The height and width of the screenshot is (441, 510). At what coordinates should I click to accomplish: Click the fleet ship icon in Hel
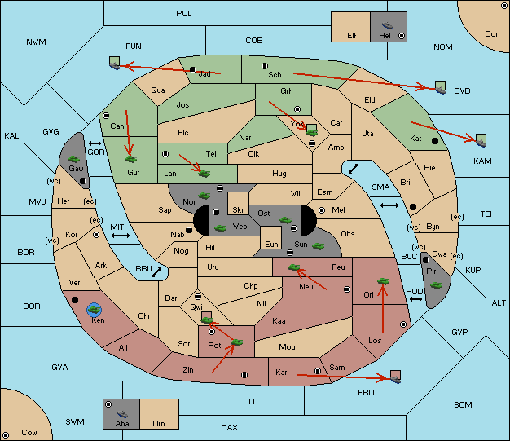(387, 25)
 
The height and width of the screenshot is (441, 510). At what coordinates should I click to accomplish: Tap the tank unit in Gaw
(74, 159)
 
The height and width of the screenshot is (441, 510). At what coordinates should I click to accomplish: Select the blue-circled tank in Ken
(95, 310)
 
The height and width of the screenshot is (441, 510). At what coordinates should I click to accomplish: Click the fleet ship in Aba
(122, 414)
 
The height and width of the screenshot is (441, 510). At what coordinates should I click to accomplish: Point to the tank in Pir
(436, 285)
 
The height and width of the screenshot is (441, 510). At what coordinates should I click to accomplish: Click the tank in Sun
(318, 246)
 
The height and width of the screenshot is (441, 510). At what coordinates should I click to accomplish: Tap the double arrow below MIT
(121, 236)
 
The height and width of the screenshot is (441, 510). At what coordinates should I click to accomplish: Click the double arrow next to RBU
(156, 272)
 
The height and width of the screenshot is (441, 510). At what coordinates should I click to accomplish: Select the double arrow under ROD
(415, 299)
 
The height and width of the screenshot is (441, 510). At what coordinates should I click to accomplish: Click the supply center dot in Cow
(6, 434)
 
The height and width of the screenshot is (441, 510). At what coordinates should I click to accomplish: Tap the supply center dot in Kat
(435, 141)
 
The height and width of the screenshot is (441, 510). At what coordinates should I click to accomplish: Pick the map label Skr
(238, 210)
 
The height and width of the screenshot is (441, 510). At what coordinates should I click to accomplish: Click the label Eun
(271, 244)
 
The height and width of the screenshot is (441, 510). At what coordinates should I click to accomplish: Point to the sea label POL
(184, 14)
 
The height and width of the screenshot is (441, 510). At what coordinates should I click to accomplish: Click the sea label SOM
(463, 404)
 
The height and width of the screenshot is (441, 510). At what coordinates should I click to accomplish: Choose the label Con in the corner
(492, 34)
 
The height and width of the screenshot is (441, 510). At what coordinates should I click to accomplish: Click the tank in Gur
(130, 159)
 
